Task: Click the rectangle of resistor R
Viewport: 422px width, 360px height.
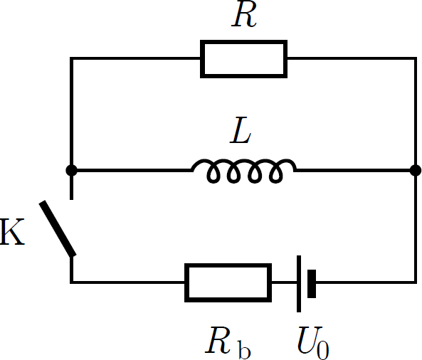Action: coord(244,41)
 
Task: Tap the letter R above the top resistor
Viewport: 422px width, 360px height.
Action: coord(244,16)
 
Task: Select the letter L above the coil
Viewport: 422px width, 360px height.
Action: coord(241,130)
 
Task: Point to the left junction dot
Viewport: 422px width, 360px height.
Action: coord(72,170)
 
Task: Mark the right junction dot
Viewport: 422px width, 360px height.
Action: coord(416,170)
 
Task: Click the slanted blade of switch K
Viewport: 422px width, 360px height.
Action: coord(58,228)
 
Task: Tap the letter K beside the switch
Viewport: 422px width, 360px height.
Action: coord(12,232)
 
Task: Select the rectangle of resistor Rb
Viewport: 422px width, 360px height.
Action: coord(228,264)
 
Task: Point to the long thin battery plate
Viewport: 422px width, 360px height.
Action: coord(299,284)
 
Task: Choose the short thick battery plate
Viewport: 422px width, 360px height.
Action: coord(312,284)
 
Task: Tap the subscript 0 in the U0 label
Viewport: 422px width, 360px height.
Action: coord(323,349)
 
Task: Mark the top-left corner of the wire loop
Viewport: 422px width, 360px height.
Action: coord(72,58)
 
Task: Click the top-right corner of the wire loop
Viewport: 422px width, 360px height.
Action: coord(416,58)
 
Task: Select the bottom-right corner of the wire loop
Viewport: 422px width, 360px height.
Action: coord(416,282)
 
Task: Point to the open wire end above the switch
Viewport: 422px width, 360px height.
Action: coord(72,200)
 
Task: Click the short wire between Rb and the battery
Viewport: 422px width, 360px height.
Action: coord(284,282)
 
